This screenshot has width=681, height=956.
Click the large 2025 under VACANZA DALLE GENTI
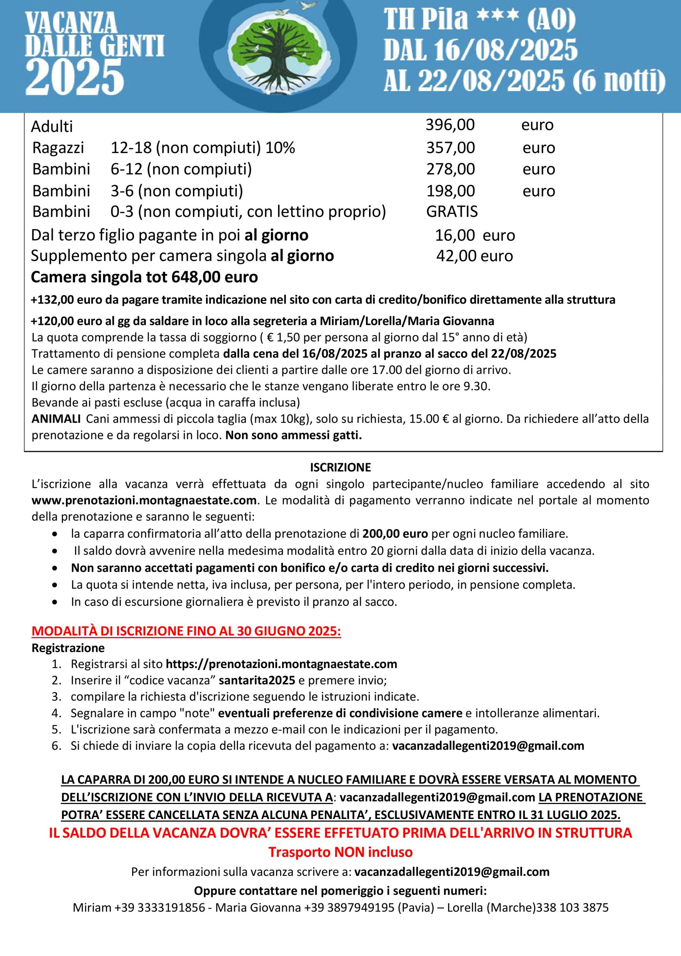pyautogui.click(x=75, y=77)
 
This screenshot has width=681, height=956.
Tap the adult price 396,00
pyautogui.click(x=450, y=125)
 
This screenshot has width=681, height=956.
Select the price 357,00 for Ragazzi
pyautogui.click(x=450, y=148)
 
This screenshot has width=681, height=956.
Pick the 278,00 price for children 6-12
pyautogui.click(x=450, y=169)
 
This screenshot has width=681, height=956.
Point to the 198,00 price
pyautogui.click(x=450, y=191)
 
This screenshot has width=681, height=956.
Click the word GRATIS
pyautogui.click(x=452, y=211)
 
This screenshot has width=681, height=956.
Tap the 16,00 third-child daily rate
pyautogui.click(x=454, y=235)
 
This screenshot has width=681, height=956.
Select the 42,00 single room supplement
pyautogui.click(x=456, y=256)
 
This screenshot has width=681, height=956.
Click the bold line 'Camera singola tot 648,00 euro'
pyautogui.click(x=144, y=277)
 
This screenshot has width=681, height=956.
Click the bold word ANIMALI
pyautogui.click(x=56, y=419)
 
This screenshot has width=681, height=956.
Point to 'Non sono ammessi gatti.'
pyautogui.click(x=294, y=435)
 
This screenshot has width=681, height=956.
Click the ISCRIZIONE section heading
pyautogui.click(x=340, y=468)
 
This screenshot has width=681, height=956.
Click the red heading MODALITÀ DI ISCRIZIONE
pyautogui.click(x=186, y=631)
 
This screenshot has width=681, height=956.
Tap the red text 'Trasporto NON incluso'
pyautogui.click(x=340, y=852)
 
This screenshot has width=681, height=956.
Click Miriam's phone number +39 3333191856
pyautogui.click(x=160, y=908)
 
